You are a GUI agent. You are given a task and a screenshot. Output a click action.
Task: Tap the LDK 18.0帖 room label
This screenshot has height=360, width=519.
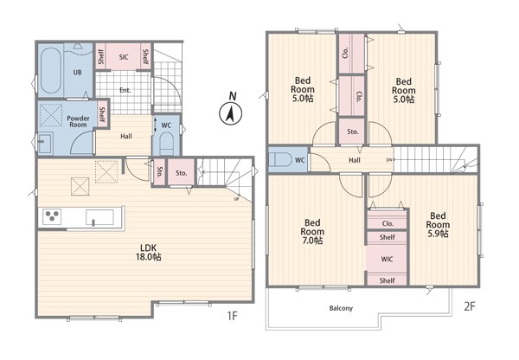[148, 253]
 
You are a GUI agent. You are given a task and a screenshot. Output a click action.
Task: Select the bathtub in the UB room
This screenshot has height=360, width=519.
[51, 71]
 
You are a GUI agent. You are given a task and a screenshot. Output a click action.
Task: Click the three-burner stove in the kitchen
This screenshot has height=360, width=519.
[52, 217]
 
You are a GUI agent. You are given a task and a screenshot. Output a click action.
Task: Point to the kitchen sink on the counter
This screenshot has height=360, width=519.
[99, 217]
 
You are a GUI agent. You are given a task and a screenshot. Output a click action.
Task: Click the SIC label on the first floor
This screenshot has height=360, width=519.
[124, 57]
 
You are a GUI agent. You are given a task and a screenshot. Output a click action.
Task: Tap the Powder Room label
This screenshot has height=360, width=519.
[78, 121]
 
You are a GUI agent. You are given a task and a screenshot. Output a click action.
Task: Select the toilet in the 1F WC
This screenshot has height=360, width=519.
[166, 144]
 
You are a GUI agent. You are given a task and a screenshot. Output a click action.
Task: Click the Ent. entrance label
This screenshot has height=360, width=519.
[125, 90]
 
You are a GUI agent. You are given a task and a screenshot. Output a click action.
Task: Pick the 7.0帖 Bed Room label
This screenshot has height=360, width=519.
[312, 231]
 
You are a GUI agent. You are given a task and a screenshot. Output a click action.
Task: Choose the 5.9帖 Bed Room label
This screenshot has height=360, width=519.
[438, 224]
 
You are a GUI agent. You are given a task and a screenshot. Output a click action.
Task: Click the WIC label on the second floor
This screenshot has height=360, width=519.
[387, 259]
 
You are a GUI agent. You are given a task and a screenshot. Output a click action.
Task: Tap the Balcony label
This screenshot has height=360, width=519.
[341, 308]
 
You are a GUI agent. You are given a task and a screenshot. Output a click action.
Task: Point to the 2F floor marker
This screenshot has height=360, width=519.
[470, 306]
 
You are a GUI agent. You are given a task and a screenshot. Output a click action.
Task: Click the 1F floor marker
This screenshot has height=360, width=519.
[233, 316]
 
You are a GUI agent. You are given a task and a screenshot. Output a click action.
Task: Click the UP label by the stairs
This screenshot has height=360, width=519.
[236, 199]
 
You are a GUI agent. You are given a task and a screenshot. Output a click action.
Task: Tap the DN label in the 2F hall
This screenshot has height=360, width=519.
[389, 160]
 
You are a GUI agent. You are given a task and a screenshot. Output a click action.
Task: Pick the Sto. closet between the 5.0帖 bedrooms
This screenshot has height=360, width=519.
[353, 132]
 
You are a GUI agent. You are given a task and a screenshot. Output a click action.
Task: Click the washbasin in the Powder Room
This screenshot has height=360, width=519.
[45, 143]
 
